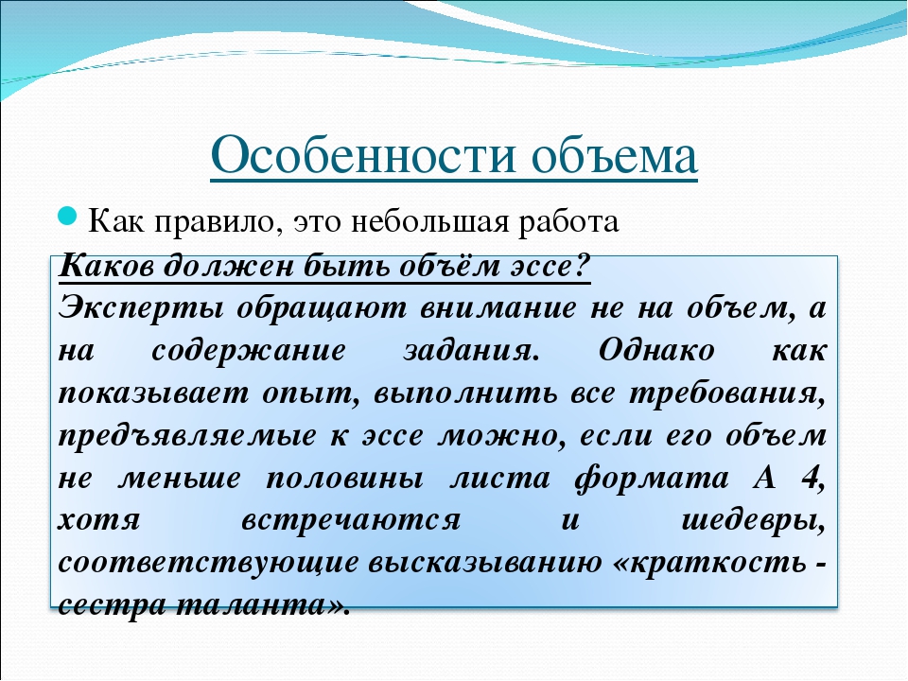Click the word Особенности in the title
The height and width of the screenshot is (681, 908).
362,156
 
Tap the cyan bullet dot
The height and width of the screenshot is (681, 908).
68,218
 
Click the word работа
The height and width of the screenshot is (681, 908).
568,222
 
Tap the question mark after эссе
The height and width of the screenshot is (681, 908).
583,266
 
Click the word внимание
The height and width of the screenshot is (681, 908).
498,308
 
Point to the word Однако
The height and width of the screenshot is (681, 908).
656,350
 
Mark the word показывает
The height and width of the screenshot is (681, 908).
153,393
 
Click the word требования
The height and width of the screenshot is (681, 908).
726,393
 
